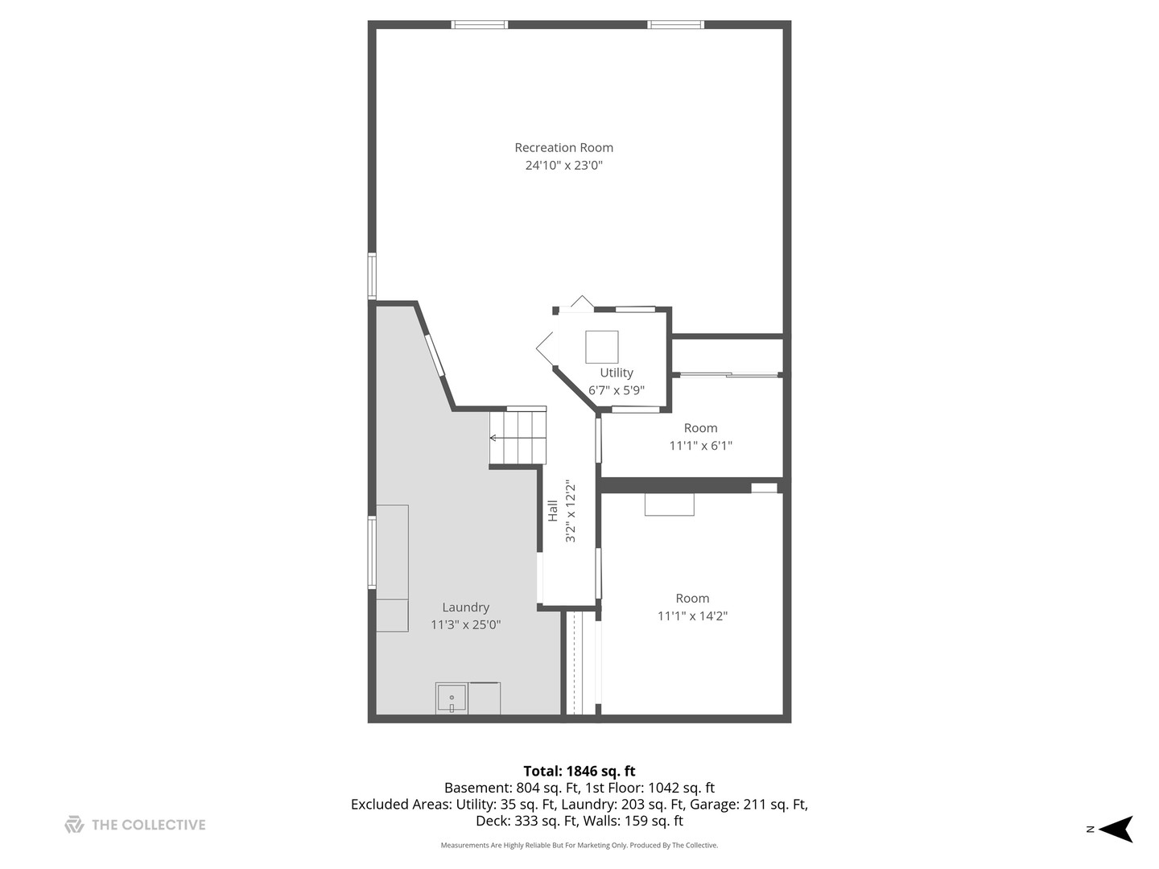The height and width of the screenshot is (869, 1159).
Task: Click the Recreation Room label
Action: click(563, 147)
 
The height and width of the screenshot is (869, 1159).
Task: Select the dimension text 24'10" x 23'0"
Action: click(563, 166)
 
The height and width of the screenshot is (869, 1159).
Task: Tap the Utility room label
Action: click(617, 373)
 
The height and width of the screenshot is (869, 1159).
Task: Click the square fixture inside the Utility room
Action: click(601, 347)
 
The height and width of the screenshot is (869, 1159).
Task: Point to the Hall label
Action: click(553, 511)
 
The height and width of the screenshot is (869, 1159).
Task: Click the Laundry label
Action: click(465, 607)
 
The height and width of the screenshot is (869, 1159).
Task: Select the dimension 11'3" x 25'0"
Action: click(465, 625)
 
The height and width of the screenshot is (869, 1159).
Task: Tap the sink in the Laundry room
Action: click(452, 698)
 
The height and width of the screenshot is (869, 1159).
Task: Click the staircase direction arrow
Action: click(493, 438)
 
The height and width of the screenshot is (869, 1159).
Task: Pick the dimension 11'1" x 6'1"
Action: click(700, 446)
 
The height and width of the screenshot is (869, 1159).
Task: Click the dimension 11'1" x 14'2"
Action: click(692, 616)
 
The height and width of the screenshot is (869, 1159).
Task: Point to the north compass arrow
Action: click(1116, 829)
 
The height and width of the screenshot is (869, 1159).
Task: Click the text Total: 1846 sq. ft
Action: click(579, 771)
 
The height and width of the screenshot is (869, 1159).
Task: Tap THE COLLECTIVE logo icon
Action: click(74, 825)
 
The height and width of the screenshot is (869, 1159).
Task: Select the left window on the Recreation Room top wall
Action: click(480, 25)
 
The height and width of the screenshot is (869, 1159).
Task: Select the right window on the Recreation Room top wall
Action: click(676, 25)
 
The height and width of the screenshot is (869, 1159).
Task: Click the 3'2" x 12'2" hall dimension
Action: click(571, 511)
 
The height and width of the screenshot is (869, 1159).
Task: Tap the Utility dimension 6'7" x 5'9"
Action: click(617, 391)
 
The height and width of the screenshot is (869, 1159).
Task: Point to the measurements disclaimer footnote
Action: click(579, 846)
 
